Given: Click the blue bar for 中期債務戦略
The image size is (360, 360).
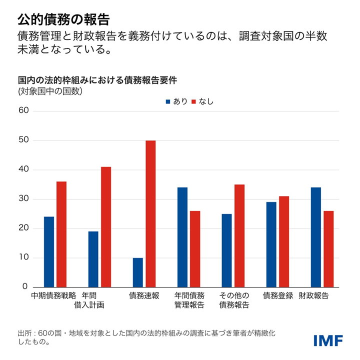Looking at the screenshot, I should [49, 252].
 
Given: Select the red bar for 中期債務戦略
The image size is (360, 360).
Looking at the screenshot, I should [61, 234].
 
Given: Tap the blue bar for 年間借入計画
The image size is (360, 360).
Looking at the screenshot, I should [93, 259].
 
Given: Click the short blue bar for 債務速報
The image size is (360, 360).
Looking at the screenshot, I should [138, 272].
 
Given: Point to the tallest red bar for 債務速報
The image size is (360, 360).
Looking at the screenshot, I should [150, 214].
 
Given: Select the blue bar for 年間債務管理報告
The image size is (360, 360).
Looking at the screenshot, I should [182, 237].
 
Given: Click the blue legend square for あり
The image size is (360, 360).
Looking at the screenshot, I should [168, 101].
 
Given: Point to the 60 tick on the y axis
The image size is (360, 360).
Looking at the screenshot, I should [24, 111].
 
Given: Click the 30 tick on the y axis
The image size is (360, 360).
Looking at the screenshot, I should [24, 199].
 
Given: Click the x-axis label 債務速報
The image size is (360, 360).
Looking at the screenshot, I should [144, 295].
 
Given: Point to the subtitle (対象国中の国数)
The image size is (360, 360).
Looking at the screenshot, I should [50, 91].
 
